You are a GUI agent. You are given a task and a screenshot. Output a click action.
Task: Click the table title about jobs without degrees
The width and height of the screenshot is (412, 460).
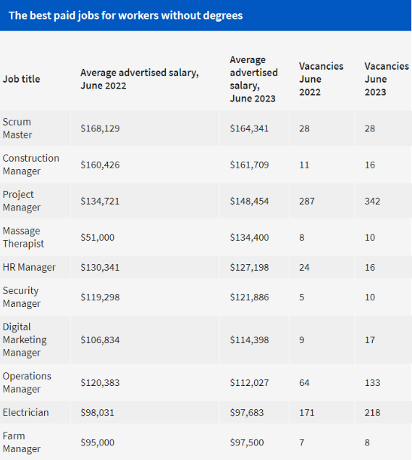pos(125,15)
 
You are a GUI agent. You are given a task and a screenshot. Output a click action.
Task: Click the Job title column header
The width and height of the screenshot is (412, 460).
pos(22,79)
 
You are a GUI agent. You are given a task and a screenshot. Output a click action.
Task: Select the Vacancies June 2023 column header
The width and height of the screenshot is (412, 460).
pos(387,79)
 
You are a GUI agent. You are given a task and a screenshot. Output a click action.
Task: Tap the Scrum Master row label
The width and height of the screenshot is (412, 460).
pos(17,128)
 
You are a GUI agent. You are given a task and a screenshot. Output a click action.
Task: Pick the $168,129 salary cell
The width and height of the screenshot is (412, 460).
pos(100,128)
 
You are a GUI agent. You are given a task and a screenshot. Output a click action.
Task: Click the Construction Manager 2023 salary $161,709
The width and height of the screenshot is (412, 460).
pos(249,165)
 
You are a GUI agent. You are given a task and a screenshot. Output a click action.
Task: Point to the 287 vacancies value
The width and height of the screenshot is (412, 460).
pos(306,201)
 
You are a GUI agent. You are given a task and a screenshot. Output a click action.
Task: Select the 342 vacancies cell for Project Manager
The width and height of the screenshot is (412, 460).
pos(372,201)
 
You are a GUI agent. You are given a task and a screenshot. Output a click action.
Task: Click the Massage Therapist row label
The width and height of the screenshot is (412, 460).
pos(23,237)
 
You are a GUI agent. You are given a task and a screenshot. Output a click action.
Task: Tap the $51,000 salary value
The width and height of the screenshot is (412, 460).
pos(98,238)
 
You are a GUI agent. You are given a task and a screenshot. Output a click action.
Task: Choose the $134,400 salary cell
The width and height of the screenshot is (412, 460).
pos(249,238)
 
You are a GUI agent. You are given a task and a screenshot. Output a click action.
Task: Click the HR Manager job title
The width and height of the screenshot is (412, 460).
pos(29,267)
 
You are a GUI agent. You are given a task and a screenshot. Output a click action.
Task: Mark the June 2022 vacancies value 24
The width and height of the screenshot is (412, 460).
pos(304,267)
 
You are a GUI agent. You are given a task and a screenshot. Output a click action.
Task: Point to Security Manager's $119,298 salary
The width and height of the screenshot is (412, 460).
pos(100,297)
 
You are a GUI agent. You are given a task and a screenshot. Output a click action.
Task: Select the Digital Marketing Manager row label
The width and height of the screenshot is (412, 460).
pos(25,340)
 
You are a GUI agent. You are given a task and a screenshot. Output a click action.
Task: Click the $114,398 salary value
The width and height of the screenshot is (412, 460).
pos(249,340)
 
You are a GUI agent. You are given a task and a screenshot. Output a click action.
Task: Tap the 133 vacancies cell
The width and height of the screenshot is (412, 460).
pos(372,383)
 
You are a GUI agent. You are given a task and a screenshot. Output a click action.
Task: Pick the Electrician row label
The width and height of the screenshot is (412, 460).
pos(26,412)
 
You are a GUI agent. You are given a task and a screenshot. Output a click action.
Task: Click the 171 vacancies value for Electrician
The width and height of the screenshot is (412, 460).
pos(306,412)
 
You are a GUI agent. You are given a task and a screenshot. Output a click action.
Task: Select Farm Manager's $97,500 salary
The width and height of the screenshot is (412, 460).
pos(247,443)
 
